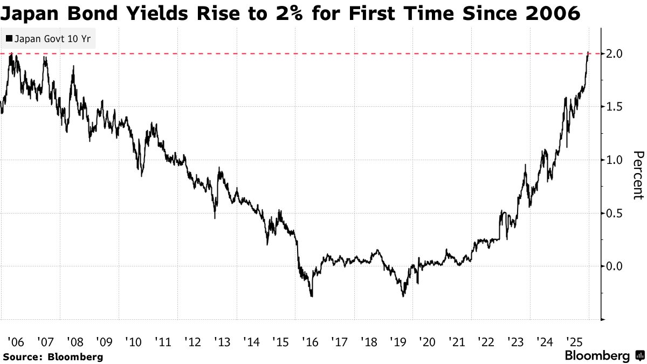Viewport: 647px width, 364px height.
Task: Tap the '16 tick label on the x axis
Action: (x=310, y=341)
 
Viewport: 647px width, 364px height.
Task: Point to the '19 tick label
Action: (x=398, y=341)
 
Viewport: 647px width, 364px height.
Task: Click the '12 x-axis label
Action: (x=192, y=341)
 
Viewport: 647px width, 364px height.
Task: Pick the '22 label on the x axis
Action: (x=486, y=341)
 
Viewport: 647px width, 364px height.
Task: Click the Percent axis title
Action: (x=638, y=175)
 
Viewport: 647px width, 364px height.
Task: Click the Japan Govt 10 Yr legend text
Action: (x=52, y=39)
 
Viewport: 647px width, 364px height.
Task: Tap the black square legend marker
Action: (x=9, y=39)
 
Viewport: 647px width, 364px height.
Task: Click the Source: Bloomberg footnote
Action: (x=53, y=356)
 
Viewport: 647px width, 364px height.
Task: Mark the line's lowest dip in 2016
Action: (x=312, y=296)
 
